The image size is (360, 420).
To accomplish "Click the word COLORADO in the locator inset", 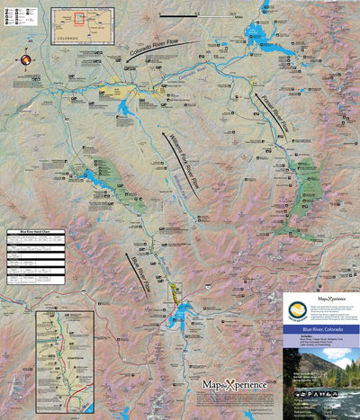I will [x=68, y=39].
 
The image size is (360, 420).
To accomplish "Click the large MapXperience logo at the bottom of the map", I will [x=234, y=385].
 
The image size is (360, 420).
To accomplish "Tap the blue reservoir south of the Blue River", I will [x=184, y=310].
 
